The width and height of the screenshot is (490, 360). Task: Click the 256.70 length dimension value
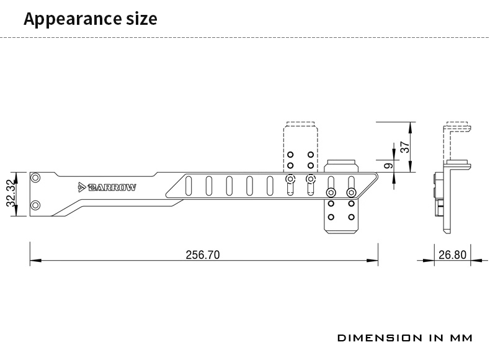coord(203,255)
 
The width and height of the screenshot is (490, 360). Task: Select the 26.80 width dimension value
coord(453,255)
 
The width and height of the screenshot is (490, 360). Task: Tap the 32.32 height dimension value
coord(11,193)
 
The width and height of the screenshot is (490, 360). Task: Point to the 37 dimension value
coord(404,147)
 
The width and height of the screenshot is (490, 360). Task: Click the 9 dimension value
coord(388,166)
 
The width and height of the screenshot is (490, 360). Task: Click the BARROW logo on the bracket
coord(107,187)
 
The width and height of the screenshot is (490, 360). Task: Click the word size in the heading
coord(141,19)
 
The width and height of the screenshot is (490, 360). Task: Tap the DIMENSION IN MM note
coord(405,338)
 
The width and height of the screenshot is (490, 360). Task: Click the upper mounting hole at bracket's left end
coord(35,178)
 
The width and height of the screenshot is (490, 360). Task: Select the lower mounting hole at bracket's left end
coord(35,205)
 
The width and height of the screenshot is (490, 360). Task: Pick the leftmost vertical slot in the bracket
coord(189,186)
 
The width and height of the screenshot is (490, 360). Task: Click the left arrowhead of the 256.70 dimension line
coord(35,260)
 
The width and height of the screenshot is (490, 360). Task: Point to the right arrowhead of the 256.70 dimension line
coord(373,260)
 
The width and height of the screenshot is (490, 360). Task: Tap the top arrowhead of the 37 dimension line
coord(411,127)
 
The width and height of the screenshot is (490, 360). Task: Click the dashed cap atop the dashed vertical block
coord(301,124)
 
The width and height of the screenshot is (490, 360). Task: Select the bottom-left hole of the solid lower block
coord(331,217)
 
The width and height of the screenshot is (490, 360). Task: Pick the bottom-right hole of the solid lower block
coord(351,217)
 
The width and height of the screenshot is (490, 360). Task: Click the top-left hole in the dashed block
coord(290,155)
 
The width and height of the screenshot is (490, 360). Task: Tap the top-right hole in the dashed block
coord(311,155)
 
